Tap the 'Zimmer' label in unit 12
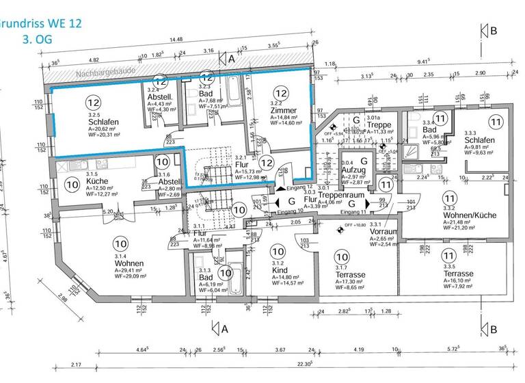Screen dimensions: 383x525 (283, 110)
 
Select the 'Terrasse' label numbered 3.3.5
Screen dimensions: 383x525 (458, 274)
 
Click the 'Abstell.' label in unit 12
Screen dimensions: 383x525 (159, 97)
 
